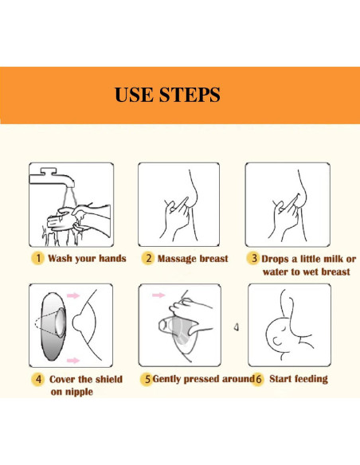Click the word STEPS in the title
(190, 95)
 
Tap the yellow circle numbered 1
(37, 258)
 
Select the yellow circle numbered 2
(147, 258)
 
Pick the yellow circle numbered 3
(253, 258)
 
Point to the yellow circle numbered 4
(38, 379)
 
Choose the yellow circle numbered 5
(147, 379)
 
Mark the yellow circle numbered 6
(258, 379)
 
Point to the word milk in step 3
(333, 259)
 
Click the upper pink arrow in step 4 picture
(73, 295)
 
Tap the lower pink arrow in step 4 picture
(73, 361)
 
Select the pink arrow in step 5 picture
(158, 295)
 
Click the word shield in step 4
(109, 379)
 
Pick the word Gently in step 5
(166, 379)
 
